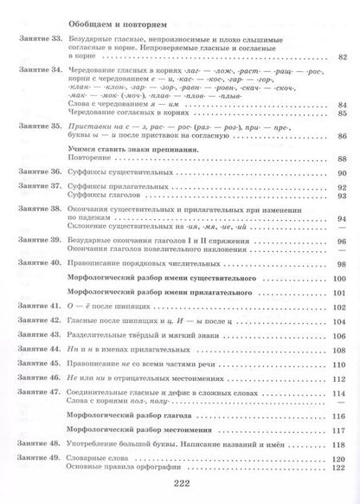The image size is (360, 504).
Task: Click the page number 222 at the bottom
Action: tap(179, 486)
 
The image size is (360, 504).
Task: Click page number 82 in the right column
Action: tap(340, 57)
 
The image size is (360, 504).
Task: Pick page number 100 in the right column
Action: tap(337, 279)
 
